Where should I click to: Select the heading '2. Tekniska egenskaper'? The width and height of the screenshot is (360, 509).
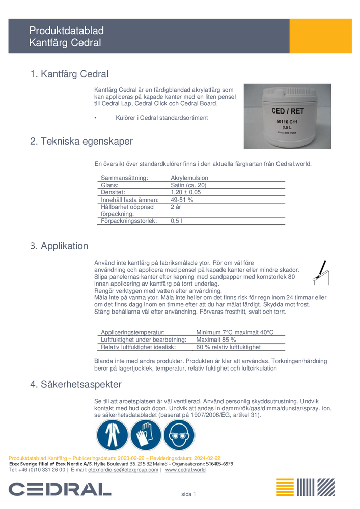click(x=81, y=142)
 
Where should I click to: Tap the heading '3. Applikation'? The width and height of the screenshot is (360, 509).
click(x=59, y=246)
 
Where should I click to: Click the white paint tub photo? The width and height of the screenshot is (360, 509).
click(x=287, y=117)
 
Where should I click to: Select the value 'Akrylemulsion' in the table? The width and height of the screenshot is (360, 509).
click(x=189, y=178)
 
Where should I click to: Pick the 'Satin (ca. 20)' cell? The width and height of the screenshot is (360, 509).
click(x=188, y=185)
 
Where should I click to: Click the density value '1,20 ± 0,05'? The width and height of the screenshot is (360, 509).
click(x=185, y=193)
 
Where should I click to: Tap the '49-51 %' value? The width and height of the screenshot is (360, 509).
click(x=182, y=200)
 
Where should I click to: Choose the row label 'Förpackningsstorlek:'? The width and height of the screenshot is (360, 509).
click(x=129, y=221)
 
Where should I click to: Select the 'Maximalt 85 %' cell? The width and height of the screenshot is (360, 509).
click(x=216, y=340)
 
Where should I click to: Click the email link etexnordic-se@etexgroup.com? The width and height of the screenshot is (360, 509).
click(x=123, y=470)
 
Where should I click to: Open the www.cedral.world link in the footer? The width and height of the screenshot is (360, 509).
click(x=185, y=470)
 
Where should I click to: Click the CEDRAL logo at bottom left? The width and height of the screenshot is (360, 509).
click(x=60, y=490)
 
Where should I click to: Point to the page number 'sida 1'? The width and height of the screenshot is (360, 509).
click(x=189, y=494)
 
